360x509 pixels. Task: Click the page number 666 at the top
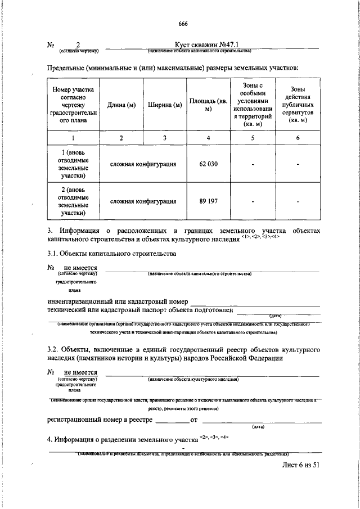pos(182,23)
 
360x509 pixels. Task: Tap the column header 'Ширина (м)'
pos(165,105)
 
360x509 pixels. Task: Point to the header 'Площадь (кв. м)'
pos(208,105)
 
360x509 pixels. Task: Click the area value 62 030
pos(208,164)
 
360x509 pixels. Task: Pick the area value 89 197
pos(208,201)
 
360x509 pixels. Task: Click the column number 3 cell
pos(165,138)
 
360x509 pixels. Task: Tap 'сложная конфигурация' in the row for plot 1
pos(143,164)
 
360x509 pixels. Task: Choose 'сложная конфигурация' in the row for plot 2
pos(143,201)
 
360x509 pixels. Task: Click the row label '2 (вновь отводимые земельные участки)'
pos(74,201)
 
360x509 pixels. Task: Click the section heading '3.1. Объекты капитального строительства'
pos(112,254)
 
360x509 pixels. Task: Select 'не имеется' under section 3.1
pos(80,268)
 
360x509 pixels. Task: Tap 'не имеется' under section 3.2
pos(80,372)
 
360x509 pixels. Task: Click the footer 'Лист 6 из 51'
pos(300,466)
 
